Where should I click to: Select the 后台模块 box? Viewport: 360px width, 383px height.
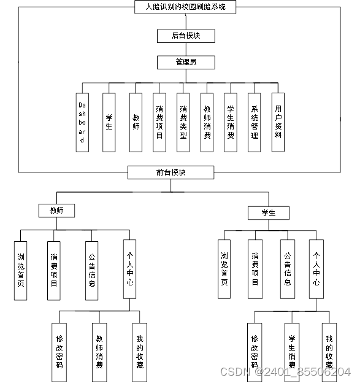tap(185, 36)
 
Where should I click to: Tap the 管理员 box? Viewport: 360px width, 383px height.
tap(185, 62)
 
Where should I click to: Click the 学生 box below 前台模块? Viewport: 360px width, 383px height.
tap(268, 213)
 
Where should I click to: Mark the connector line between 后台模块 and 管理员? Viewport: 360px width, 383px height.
tap(185, 49)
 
